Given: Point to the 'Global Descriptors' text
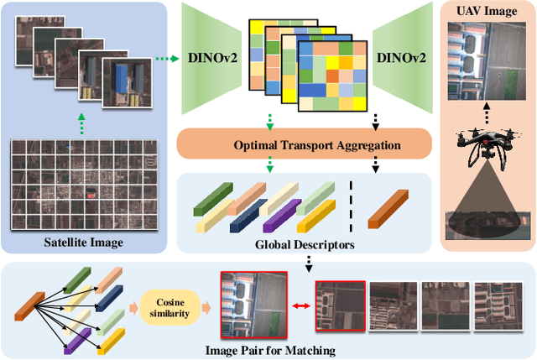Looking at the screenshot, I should (303, 245).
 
